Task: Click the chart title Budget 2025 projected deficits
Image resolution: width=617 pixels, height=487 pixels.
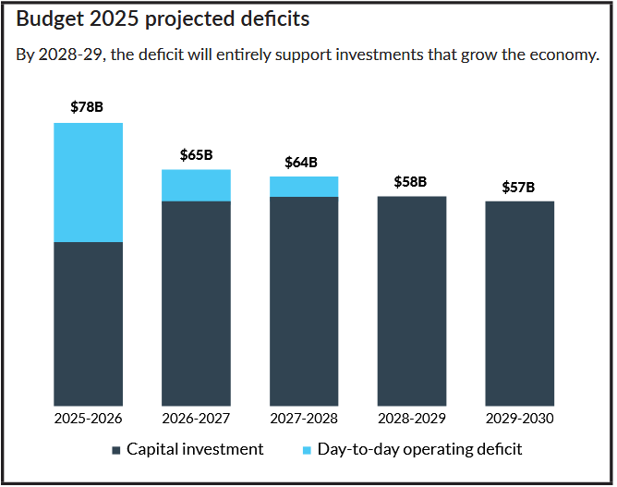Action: [x=163, y=19]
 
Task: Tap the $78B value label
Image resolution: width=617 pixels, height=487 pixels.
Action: [x=87, y=106]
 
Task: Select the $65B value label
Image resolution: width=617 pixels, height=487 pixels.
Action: [x=196, y=154]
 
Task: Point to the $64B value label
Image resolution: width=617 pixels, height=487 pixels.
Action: [x=303, y=162]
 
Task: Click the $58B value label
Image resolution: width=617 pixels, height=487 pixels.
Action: [x=411, y=181]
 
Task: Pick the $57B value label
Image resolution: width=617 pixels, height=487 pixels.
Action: [x=518, y=187]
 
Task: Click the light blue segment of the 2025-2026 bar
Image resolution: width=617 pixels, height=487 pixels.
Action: [x=88, y=182]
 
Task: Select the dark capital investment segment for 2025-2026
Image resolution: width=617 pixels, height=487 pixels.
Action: [x=88, y=323]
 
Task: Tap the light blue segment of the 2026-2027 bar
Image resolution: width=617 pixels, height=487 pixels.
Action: [x=196, y=185]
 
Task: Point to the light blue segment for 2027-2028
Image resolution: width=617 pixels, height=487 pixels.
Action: [x=303, y=187]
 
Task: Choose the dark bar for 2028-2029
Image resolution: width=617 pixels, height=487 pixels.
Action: [x=411, y=300]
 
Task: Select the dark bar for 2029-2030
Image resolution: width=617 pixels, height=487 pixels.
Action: [x=519, y=303]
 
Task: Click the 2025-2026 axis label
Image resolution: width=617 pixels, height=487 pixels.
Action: [x=88, y=419]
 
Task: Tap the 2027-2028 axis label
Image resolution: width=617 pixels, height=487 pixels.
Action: [x=303, y=419]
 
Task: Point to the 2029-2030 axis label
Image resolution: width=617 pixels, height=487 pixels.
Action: [x=519, y=419]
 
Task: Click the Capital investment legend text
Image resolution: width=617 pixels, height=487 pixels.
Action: [x=195, y=449]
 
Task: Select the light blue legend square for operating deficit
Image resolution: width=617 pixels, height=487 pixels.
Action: [x=308, y=450]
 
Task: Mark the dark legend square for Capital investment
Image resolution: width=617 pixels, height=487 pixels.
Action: [x=116, y=450]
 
